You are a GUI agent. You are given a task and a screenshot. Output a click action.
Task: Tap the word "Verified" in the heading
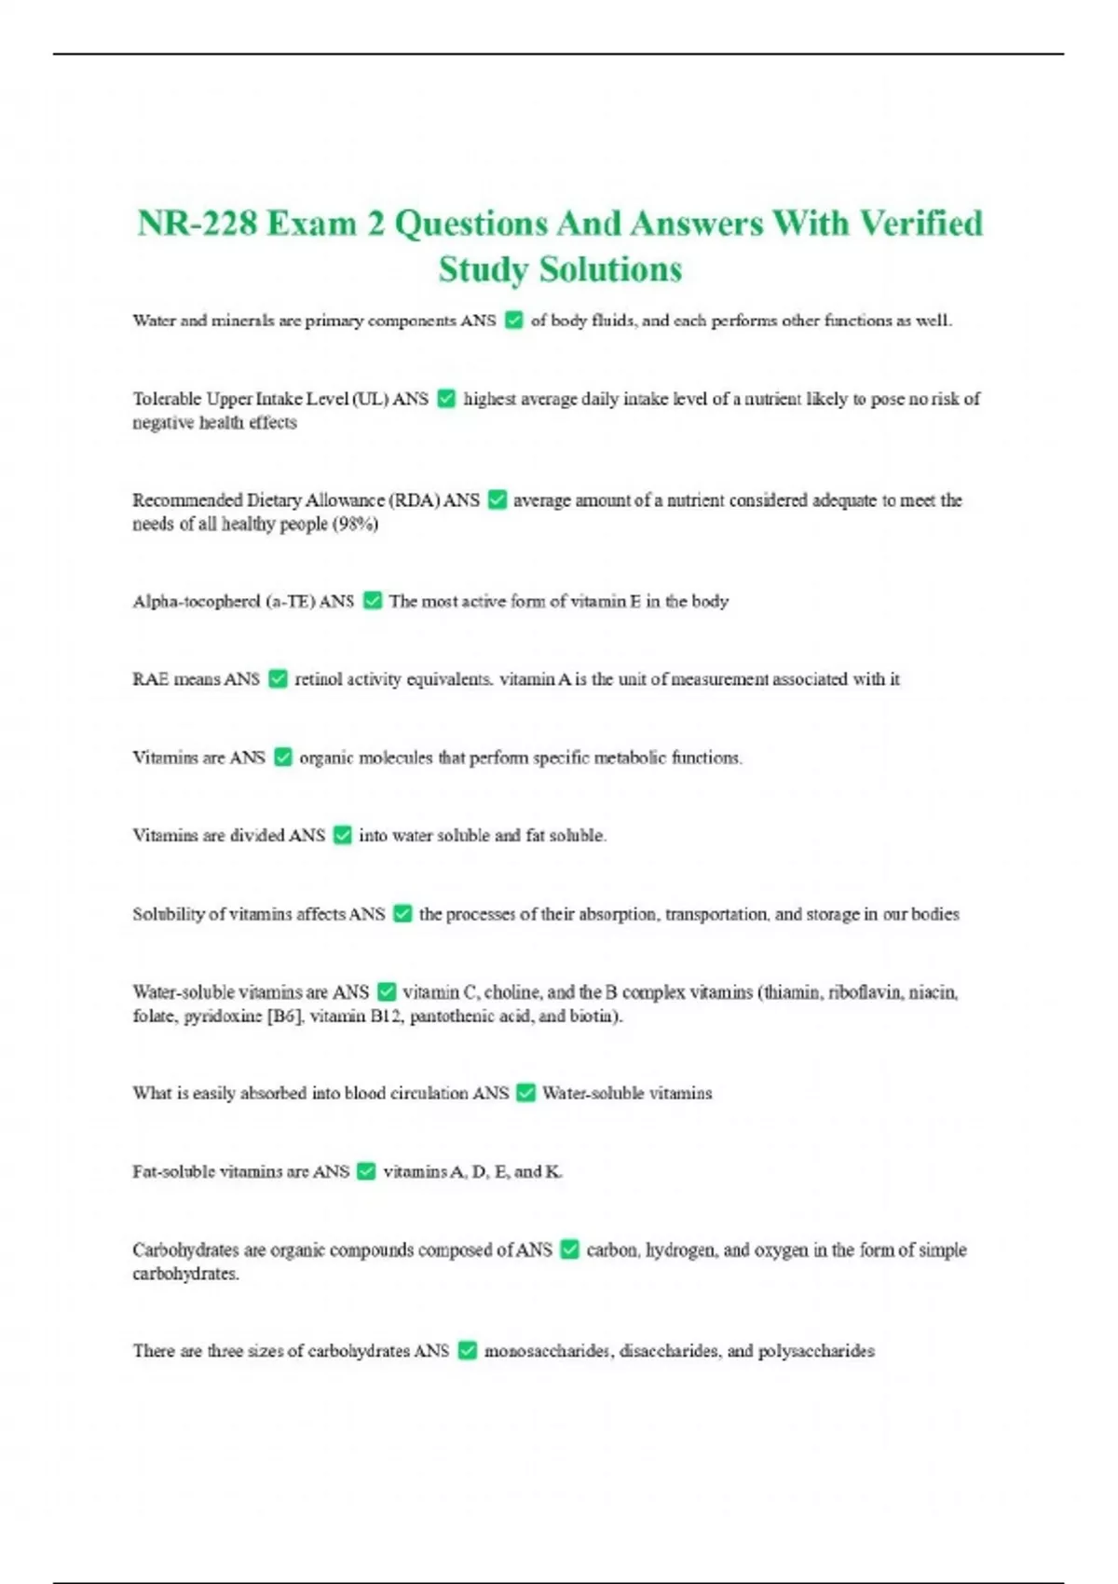[920, 224]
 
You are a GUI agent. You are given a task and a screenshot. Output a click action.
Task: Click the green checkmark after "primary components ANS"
[513, 321]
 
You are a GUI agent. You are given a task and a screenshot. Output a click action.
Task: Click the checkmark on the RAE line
[278, 679]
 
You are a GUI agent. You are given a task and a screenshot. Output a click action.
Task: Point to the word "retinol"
[318, 679]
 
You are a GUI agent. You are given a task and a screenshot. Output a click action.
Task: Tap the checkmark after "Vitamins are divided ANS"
[343, 836]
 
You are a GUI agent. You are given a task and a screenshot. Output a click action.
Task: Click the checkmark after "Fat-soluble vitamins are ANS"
[367, 1171]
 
